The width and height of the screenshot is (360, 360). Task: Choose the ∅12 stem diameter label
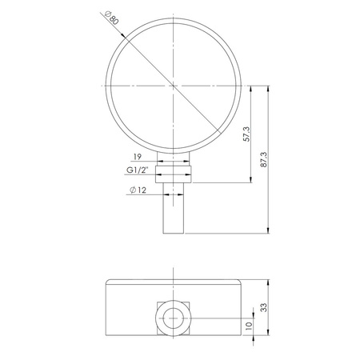pos(138,190)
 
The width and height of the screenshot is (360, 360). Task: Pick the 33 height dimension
pos(264,306)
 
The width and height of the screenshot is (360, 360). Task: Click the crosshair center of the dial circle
pos(174,85)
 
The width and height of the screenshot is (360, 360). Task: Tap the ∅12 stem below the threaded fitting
pos(174,212)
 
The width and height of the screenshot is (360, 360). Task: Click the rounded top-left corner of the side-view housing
pos(110,281)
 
